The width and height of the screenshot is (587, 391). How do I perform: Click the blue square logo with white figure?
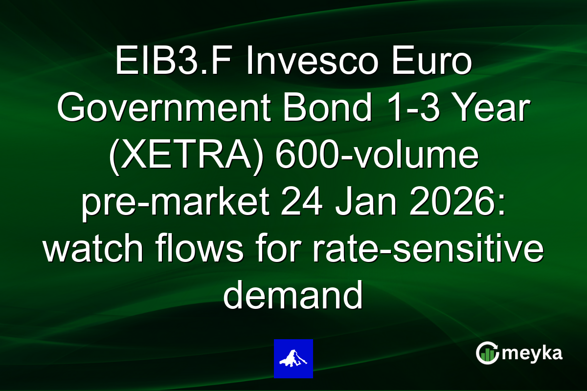[293, 358]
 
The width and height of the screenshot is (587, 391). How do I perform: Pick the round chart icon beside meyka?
[488, 353]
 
